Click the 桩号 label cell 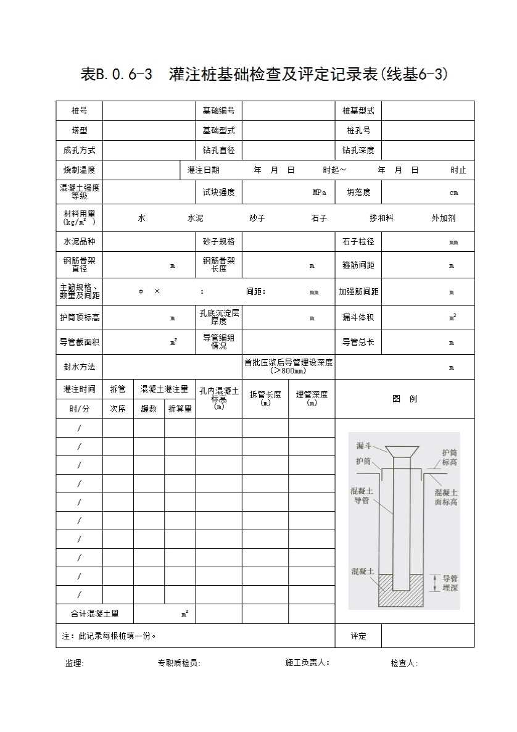[x=79, y=111]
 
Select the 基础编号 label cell [x=218, y=111]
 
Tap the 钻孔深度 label [x=358, y=150]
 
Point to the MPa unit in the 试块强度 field [x=319, y=193]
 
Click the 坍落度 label [x=358, y=193]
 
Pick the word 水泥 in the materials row [x=195, y=218]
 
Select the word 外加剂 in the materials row [x=443, y=218]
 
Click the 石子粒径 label [x=358, y=241]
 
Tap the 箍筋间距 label [x=358, y=265]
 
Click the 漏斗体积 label [x=358, y=318]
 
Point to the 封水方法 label [x=79, y=367]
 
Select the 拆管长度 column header [x=265, y=398]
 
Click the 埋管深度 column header [x=312, y=398]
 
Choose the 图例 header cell [x=405, y=399]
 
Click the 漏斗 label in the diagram [x=363, y=446]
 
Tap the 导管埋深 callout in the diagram [x=450, y=583]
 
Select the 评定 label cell [x=358, y=636]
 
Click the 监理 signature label [x=74, y=663]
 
